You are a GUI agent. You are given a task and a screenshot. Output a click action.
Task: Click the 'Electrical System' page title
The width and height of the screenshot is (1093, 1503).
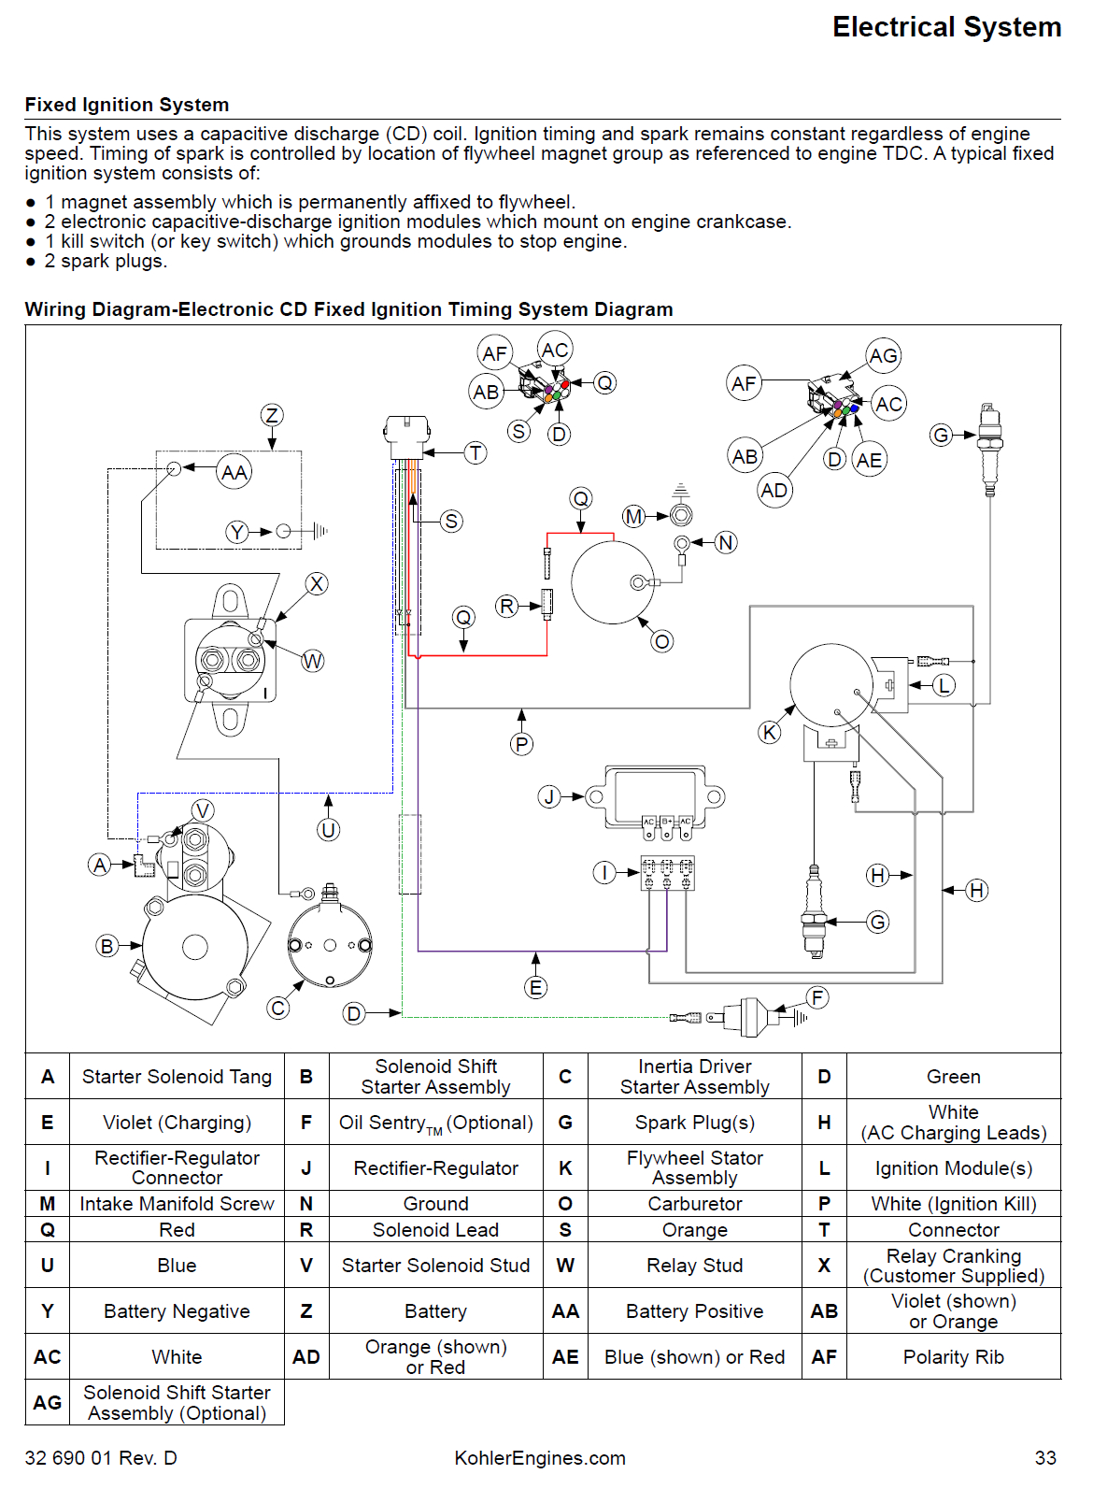945,27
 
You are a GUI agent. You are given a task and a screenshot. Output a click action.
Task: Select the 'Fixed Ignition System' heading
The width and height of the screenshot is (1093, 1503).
126,105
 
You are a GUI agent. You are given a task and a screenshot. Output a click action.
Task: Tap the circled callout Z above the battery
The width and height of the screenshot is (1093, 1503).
272,415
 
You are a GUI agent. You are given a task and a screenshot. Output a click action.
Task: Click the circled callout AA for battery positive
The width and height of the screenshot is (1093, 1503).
234,472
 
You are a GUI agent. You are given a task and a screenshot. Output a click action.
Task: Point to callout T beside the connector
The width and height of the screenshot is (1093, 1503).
476,453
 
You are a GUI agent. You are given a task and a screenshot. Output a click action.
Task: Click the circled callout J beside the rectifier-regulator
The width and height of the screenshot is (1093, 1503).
549,796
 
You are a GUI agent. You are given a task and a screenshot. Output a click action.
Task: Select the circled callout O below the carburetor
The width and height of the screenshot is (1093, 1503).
661,641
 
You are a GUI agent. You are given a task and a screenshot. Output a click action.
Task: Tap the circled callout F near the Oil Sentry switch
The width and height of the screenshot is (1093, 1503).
817,997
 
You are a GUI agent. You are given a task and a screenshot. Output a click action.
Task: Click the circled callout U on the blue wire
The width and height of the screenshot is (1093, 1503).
328,830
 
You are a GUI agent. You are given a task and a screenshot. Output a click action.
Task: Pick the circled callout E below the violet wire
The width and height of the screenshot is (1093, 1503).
535,988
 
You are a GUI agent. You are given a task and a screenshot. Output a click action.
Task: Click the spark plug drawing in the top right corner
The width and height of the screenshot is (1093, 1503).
988,449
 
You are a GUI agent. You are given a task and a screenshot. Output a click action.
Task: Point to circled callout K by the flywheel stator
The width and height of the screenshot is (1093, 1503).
769,732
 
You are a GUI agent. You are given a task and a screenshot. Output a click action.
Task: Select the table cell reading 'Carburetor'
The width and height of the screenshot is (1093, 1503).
694,1204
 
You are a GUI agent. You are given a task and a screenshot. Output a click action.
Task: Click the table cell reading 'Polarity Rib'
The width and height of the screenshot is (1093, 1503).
953,1357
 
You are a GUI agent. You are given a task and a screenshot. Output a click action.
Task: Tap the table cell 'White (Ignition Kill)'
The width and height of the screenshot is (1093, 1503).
953,1204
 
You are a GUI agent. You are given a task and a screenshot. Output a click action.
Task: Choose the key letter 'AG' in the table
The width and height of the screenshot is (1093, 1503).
47,1403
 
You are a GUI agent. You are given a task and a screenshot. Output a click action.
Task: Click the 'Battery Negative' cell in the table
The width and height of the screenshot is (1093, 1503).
177,1311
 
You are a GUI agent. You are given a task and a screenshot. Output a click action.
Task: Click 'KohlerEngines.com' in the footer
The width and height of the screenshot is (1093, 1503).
540,1458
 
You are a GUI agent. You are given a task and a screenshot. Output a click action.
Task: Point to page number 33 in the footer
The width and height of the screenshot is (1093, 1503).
1045,1458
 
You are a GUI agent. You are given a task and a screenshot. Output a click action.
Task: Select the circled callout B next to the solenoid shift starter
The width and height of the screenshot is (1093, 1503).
106,946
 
